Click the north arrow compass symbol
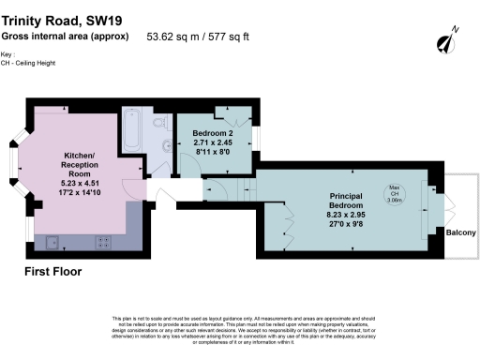pyautogui.click(x=446, y=41)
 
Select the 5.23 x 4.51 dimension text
pyautogui.click(x=81, y=184)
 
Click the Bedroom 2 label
pyautogui.click(x=212, y=133)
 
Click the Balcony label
pyautogui.click(x=460, y=232)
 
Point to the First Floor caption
pyautogui.click(x=52, y=271)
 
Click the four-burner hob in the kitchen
pyautogui.click(x=103, y=241)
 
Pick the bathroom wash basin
pyautogui.click(x=166, y=145)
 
